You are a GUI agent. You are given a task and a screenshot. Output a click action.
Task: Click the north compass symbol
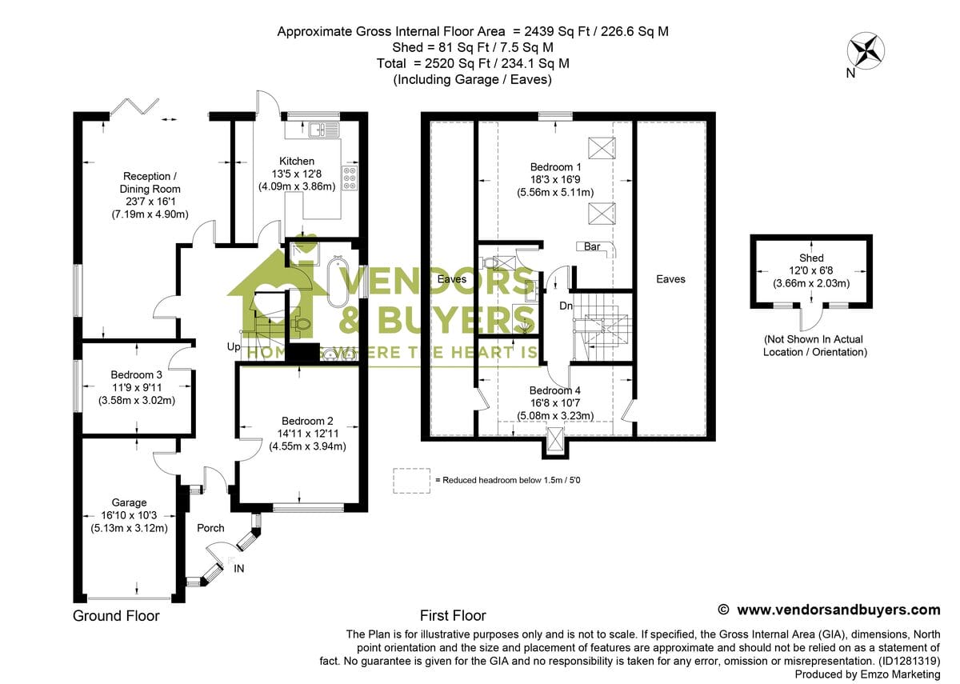[866, 50]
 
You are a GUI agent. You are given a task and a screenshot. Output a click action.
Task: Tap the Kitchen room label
[297, 161]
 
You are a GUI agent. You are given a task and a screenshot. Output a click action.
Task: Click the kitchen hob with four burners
[350, 178]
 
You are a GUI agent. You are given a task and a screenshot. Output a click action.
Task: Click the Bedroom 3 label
[137, 374]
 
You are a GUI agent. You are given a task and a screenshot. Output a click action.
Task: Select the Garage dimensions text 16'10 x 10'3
[129, 515]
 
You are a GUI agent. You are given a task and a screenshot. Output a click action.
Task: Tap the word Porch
[210, 528]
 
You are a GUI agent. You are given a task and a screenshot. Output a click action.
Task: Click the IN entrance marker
[239, 568]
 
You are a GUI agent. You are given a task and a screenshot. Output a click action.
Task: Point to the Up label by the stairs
[233, 348]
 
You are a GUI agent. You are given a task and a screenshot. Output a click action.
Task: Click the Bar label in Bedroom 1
[592, 246]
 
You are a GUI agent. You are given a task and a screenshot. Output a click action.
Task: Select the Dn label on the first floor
[566, 306]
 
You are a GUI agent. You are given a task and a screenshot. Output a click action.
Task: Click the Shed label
[811, 258]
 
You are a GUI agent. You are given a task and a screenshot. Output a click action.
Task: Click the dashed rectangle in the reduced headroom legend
[411, 480]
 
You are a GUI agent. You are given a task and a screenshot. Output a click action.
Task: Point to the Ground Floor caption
[116, 616]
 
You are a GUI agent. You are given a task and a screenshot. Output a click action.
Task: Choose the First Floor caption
[453, 616]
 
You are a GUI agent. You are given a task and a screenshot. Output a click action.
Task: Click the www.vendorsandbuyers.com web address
[838, 610]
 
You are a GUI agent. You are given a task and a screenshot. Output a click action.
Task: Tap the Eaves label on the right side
[670, 279]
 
